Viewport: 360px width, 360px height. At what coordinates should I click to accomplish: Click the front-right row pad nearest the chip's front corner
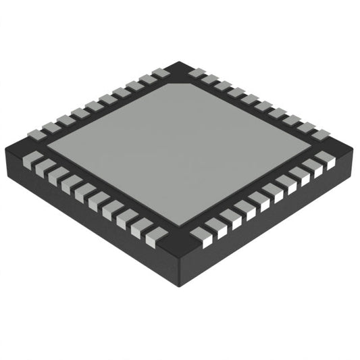coord(201,234)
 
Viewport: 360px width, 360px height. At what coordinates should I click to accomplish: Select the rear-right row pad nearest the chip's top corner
coord(197,72)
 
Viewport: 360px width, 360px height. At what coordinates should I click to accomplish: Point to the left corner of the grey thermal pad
coord(47,143)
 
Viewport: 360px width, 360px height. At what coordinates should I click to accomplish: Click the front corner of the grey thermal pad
coord(178,223)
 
